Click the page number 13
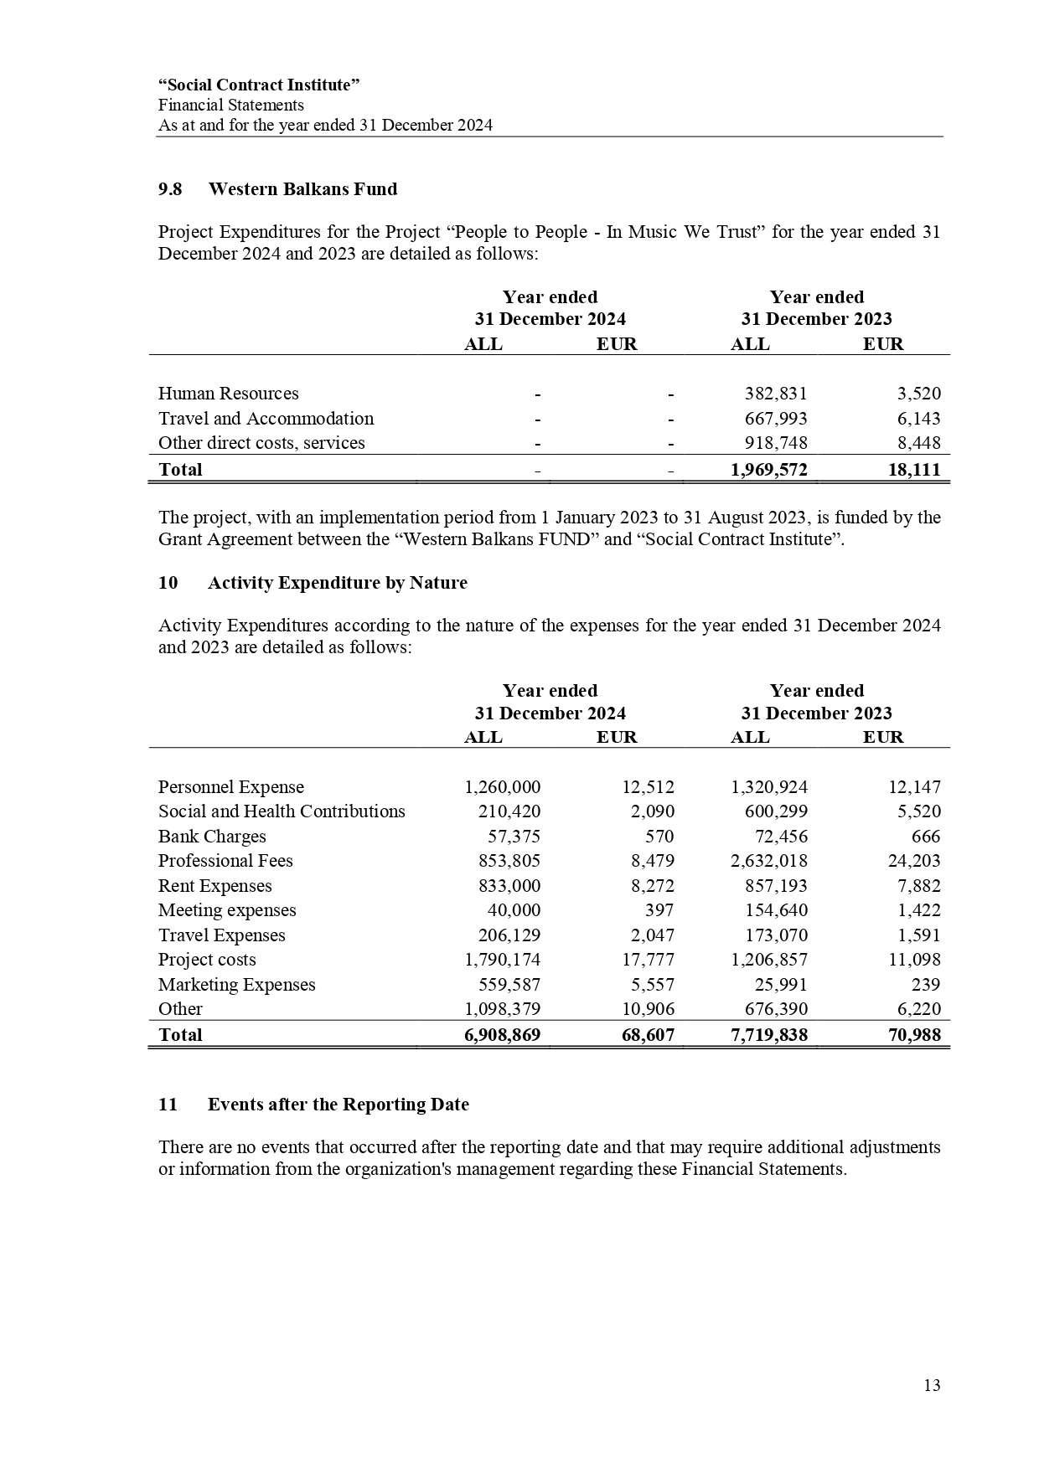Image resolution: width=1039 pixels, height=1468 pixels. point(932,1385)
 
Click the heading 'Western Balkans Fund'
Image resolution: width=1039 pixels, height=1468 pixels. point(302,189)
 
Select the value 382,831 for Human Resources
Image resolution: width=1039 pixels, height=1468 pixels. point(776,394)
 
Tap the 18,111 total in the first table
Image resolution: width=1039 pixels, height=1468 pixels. point(913,470)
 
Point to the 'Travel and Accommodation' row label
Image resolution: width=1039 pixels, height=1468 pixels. point(266,419)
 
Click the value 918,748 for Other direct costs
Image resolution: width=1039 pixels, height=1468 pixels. point(776,443)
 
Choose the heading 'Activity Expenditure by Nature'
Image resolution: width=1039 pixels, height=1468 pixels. point(337,583)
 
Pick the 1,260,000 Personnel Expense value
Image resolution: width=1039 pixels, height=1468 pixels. point(502,787)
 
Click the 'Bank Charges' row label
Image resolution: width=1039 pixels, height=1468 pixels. point(212,837)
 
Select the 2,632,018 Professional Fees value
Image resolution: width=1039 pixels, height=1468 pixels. point(769,861)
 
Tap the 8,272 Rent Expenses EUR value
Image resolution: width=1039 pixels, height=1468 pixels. point(653,886)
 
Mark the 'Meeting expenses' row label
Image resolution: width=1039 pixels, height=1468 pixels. point(227,910)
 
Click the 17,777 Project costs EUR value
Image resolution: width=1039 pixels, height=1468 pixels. point(648,960)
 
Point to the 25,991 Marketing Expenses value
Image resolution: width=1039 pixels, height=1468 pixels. point(780,985)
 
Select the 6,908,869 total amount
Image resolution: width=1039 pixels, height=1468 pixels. point(502,1035)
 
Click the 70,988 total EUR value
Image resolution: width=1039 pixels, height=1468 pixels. point(914,1035)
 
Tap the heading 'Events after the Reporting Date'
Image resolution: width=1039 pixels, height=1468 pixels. point(338,1105)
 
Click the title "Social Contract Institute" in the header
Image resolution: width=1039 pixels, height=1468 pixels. point(259,85)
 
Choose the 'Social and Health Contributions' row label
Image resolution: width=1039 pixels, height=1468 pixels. point(282,811)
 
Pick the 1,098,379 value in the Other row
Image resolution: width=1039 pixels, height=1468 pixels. point(502,1009)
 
